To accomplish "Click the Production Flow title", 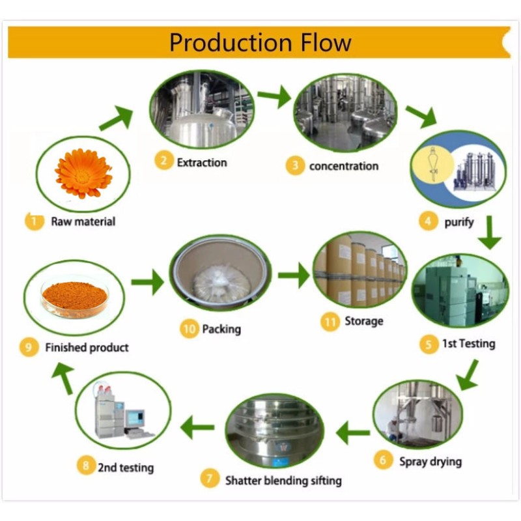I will [260, 42].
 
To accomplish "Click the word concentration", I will [343, 166].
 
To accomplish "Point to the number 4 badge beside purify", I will [428, 222].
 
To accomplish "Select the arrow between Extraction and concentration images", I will [274, 97].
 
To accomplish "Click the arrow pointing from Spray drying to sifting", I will [352, 432].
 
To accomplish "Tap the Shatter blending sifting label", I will [283, 481].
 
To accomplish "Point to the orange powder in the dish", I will [74, 296].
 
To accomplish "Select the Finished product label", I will [87, 348].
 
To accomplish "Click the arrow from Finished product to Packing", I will [147, 283].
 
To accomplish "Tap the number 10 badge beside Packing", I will [189, 330].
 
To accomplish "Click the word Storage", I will [363, 321].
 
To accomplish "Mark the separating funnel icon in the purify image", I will [441, 165].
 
